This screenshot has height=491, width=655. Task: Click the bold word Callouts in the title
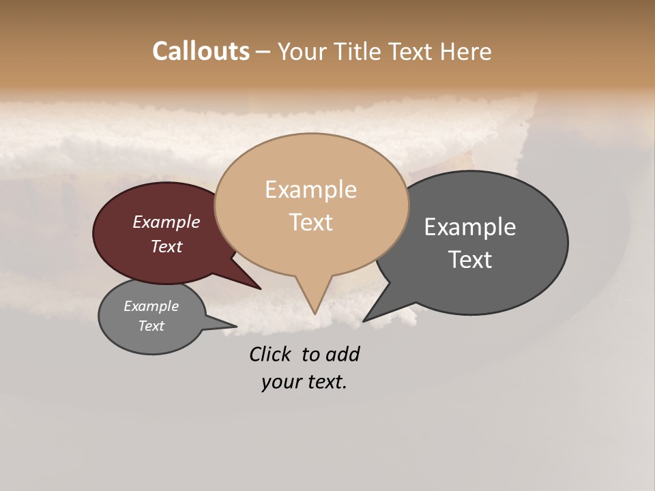point(201,51)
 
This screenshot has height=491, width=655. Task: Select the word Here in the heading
point(466,51)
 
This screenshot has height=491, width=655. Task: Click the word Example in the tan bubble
point(310,190)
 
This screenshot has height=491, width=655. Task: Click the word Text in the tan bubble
point(311,222)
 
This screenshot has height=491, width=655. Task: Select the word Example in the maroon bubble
point(166,222)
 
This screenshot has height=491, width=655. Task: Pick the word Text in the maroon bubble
point(166,246)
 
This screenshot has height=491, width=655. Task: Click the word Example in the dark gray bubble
point(470,226)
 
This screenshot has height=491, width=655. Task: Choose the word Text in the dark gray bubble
point(470,259)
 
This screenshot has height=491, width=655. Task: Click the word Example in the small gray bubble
point(151,306)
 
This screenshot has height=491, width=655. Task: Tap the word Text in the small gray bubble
point(151,326)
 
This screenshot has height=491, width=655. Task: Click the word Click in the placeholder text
point(270,354)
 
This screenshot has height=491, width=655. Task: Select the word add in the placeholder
point(343,354)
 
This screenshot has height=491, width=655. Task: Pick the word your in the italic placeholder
point(280,382)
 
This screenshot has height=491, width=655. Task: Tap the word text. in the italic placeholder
point(324,382)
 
